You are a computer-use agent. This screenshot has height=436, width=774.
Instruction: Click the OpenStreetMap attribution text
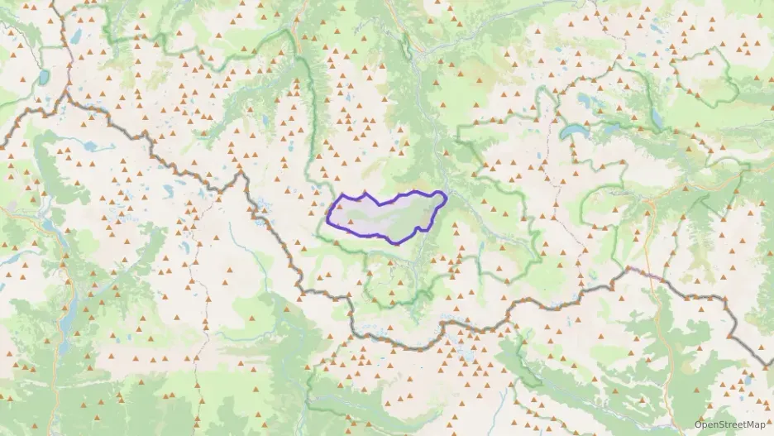[730, 424]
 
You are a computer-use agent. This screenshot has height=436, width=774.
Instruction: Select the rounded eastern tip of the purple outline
[445, 197]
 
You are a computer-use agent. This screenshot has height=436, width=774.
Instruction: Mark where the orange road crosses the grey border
[650, 275]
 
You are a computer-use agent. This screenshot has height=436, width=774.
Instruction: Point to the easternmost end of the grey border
[769, 365]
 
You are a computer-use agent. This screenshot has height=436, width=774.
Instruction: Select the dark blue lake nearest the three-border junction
[42, 78]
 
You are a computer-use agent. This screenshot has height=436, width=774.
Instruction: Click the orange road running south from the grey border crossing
[662, 331]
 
